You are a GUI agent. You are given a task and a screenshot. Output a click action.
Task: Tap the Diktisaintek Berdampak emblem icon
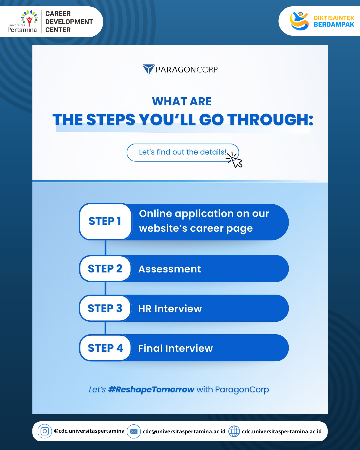click(x=299, y=21)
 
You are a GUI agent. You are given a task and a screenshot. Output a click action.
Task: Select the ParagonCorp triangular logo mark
click(x=149, y=69)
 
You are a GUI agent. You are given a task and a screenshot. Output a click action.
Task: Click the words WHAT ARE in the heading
click(x=182, y=102)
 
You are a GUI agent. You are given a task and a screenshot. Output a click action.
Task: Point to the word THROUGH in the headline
click(x=270, y=120)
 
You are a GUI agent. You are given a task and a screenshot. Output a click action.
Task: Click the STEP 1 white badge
click(x=105, y=221)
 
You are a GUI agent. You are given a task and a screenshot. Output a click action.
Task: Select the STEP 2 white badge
click(x=105, y=269)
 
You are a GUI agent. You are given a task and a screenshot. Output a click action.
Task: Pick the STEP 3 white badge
click(x=105, y=308)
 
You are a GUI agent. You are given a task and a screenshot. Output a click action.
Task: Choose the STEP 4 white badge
click(x=105, y=348)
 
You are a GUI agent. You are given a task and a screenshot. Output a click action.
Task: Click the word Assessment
click(x=170, y=269)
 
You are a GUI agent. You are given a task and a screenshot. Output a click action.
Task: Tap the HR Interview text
click(x=170, y=309)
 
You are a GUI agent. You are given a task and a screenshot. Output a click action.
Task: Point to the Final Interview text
click(x=176, y=348)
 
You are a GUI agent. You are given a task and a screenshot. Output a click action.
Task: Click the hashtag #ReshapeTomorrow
click(x=151, y=390)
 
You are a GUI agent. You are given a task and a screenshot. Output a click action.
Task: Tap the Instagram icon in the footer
click(x=45, y=431)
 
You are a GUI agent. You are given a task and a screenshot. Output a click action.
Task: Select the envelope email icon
click(x=134, y=431)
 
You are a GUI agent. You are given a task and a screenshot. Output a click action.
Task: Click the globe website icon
click(x=234, y=431)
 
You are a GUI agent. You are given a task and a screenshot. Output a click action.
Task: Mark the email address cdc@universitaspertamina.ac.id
click(x=184, y=432)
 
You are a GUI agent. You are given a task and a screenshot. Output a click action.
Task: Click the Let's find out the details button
click(x=183, y=152)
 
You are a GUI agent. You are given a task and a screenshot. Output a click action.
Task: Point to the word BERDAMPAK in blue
click(x=334, y=25)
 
